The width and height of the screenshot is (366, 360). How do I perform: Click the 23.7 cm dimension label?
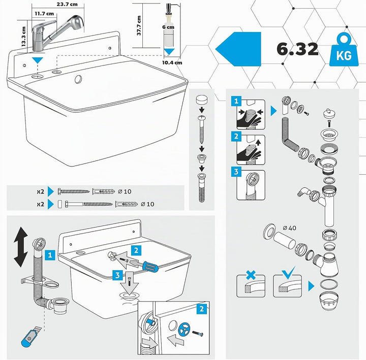pyautogui.click(x=67, y=4)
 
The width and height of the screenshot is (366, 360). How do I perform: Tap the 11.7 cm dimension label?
pyautogui.click(x=44, y=14)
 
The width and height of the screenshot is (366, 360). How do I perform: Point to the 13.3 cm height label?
pyautogui.click(x=23, y=37)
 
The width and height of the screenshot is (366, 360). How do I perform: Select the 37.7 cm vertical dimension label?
pyautogui.click(x=139, y=26)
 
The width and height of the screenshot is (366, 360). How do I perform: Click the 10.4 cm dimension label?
pyautogui.click(x=172, y=62)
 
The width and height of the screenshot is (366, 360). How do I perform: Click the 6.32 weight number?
pyautogui.click(x=297, y=49)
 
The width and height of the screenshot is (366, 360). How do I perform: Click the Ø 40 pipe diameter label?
pyautogui.click(x=289, y=228)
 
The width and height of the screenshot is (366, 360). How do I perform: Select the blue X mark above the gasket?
pyautogui.click(x=251, y=275)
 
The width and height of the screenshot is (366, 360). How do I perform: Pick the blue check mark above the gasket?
pyautogui.click(x=288, y=273)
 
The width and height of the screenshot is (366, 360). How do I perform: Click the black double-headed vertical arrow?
pyautogui.click(x=21, y=247)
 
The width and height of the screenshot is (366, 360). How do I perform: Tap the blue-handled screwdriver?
pyautogui.click(x=144, y=266)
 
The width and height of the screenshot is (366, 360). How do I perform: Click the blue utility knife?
pyautogui.click(x=30, y=337)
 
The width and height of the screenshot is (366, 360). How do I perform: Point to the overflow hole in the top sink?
pyautogui.click(x=78, y=79)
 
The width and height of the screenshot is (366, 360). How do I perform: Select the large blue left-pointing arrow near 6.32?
pyautogui.click(x=238, y=49)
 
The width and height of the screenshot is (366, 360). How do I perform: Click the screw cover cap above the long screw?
pyautogui.click(x=202, y=100)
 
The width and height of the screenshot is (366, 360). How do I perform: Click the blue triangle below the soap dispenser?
pyautogui.click(x=169, y=52)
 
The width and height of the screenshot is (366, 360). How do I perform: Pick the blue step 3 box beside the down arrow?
pyautogui.click(x=117, y=275)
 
